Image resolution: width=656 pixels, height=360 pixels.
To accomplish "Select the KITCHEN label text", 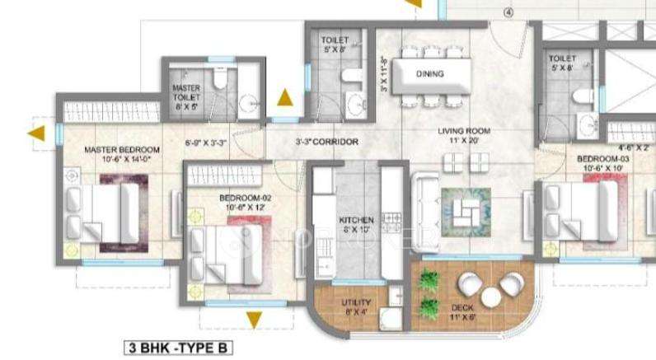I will pos(356,220).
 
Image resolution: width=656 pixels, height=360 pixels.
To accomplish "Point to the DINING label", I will pos(429,73).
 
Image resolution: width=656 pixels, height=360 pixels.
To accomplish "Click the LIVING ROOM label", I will pos(464,130).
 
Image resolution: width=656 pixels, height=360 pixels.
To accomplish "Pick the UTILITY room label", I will pos(356,302).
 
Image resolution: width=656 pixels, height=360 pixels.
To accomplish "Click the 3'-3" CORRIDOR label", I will pos(327,143).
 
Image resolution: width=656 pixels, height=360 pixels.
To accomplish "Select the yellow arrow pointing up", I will pos(283,98).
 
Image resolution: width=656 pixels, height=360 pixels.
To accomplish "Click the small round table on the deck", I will pos(489,297).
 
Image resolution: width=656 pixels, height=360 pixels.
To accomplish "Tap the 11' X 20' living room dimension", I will pos(464,142).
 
